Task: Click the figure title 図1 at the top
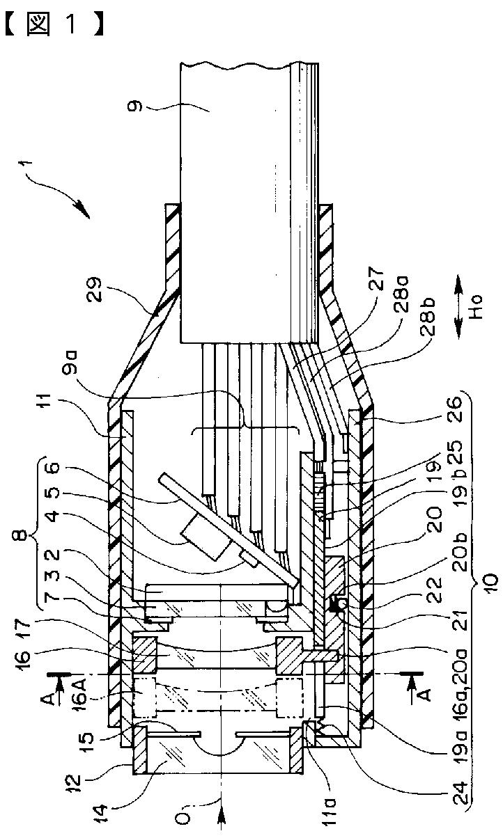pyautogui.click(x=54, y=24)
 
